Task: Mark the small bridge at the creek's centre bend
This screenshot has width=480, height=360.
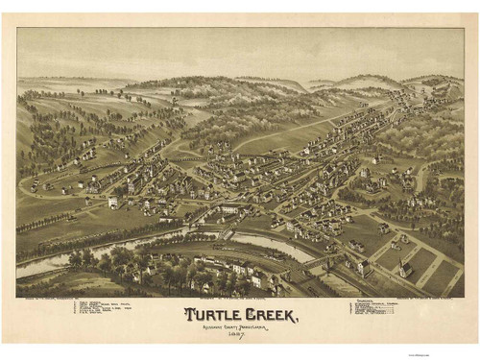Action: tap(227, 234)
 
